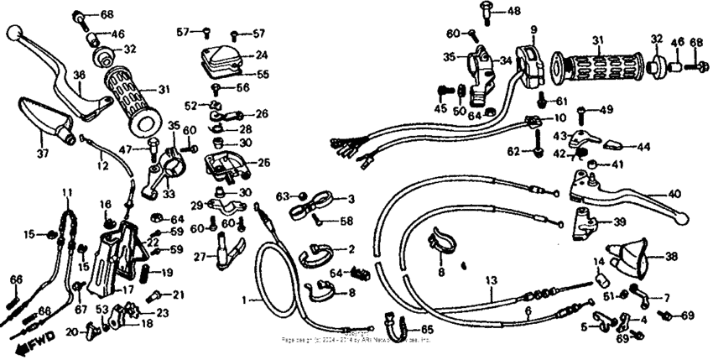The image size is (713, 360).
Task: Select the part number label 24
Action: point(262,55)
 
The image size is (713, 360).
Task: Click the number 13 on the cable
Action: point(492,280)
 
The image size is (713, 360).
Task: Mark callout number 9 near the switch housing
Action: point(532,30)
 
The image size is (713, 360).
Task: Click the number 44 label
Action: point(644,145)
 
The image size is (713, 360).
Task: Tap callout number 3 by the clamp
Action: point(351,199)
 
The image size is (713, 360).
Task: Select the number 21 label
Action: point(177,295)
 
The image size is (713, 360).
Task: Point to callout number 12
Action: point(101,167)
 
